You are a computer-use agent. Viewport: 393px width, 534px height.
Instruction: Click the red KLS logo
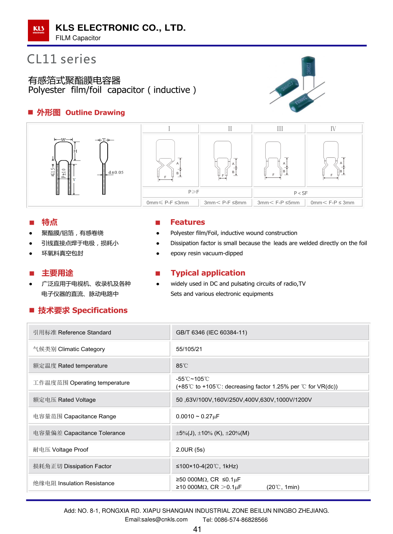[x=39, y=30]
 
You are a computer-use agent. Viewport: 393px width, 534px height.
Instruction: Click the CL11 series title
[x=62, y=59]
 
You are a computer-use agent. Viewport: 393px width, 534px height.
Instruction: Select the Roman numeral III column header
[x=280, y=129]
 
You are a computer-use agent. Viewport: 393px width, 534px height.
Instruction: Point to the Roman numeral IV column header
[x=333, y=129]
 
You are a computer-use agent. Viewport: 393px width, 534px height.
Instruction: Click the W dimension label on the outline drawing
[x=63, y=140]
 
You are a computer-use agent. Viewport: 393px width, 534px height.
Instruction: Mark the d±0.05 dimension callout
[x=116, y=172]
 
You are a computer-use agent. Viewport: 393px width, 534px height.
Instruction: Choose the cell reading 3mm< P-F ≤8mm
[x=225, y=203]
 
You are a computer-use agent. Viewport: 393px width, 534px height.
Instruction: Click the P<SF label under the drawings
[x=301, y=193]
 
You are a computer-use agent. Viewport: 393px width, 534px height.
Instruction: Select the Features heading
[x=187, y=222]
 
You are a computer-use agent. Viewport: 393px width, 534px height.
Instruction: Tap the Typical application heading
[x=208, y=273]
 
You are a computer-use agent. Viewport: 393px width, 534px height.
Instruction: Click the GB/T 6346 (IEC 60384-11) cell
[x=211, y=333]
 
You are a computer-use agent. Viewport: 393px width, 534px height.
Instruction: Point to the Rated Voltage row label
[x=64, y=400]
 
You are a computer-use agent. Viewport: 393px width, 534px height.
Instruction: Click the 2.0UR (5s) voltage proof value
[x=190, y=449]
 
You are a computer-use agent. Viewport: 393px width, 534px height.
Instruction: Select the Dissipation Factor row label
[x=72, y=466]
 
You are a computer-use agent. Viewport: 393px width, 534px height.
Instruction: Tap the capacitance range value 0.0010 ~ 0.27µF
[x=197, y=416]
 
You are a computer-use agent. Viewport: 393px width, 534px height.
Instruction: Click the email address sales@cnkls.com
[x=156, y=519]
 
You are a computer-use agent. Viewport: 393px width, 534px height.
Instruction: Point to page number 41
[x=197, y=529]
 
